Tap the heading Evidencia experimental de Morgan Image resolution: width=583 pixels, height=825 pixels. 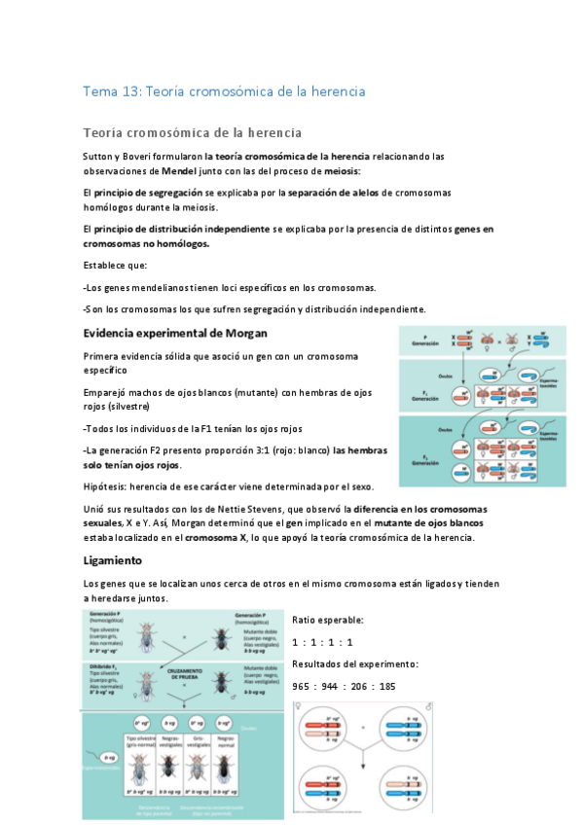(168, 333)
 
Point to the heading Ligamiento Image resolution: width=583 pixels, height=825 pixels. (113, 561)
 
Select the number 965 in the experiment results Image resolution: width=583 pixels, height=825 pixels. (302, 686)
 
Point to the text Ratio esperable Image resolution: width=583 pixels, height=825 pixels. (328, 620)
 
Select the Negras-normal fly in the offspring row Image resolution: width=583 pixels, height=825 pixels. (226, 767)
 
